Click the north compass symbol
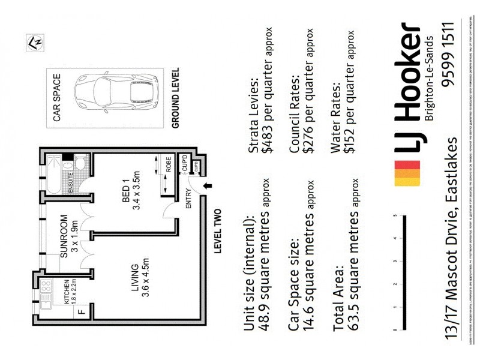tap(34, 43)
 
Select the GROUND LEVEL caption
tap(176, 98)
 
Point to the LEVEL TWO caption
tap(218, 230)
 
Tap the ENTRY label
tap(188, 199)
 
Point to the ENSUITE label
tap(71, 180)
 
